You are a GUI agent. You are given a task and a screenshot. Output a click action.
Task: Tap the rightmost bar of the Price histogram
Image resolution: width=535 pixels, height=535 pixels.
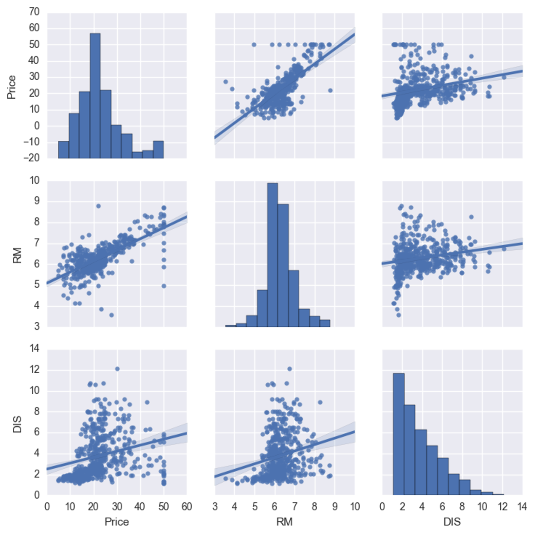pos(158,149)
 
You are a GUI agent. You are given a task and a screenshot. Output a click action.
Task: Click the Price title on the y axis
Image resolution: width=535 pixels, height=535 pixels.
pos(12,87)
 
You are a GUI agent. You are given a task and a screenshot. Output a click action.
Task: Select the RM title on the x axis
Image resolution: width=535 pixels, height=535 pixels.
pos(284,522)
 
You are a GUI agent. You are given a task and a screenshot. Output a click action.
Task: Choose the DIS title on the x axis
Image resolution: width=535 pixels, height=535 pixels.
pos(452,522)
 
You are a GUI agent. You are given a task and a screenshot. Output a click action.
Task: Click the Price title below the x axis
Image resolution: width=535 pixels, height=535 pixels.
pos(117,522)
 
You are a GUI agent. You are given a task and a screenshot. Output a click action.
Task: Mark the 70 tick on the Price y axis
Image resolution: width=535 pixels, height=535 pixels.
pos(34,12)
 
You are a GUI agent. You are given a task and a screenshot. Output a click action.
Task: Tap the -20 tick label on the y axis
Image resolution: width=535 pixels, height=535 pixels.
pos(31,158)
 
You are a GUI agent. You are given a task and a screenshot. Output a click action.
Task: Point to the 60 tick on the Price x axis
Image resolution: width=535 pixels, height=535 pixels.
pos(187,507)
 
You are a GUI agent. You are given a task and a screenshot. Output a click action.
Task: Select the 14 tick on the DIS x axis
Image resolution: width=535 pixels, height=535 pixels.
pos(522,507)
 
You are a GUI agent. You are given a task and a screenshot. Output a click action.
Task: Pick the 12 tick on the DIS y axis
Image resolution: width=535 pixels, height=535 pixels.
pos(34,370)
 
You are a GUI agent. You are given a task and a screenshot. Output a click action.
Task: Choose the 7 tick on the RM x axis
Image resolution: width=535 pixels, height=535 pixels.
pos(295,507)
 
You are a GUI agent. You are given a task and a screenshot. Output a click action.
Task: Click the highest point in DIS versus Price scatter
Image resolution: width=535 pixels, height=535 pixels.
pos(117,369)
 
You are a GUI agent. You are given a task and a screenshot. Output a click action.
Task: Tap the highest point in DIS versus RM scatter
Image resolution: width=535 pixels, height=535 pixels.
pos(289,369)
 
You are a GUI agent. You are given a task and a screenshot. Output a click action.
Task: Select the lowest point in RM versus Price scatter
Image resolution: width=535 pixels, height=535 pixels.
pos(111,315)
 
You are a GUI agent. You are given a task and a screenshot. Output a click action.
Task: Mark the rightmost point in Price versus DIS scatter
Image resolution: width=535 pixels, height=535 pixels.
pos(504,77)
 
